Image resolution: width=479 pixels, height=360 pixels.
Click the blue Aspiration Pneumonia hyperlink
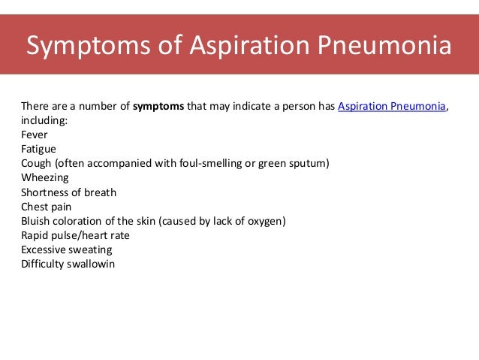point(392,106)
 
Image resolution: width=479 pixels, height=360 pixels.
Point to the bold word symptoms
point(158,106)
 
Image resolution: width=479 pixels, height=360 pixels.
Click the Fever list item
point(35,135)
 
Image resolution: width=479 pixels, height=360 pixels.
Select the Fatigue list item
point(38,149)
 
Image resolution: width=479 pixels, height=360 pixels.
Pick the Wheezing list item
point(45,178)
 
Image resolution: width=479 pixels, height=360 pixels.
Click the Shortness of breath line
point(68,192)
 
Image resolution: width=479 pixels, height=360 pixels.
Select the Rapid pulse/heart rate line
point(75,235)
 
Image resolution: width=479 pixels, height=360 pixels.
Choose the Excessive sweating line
point(66,250)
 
